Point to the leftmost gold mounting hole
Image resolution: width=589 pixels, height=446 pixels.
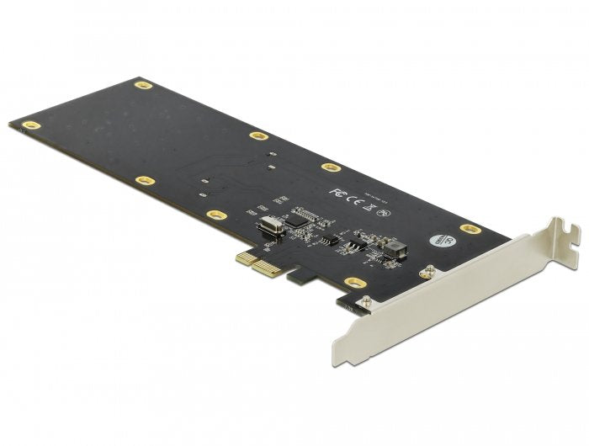pos(32,125)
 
